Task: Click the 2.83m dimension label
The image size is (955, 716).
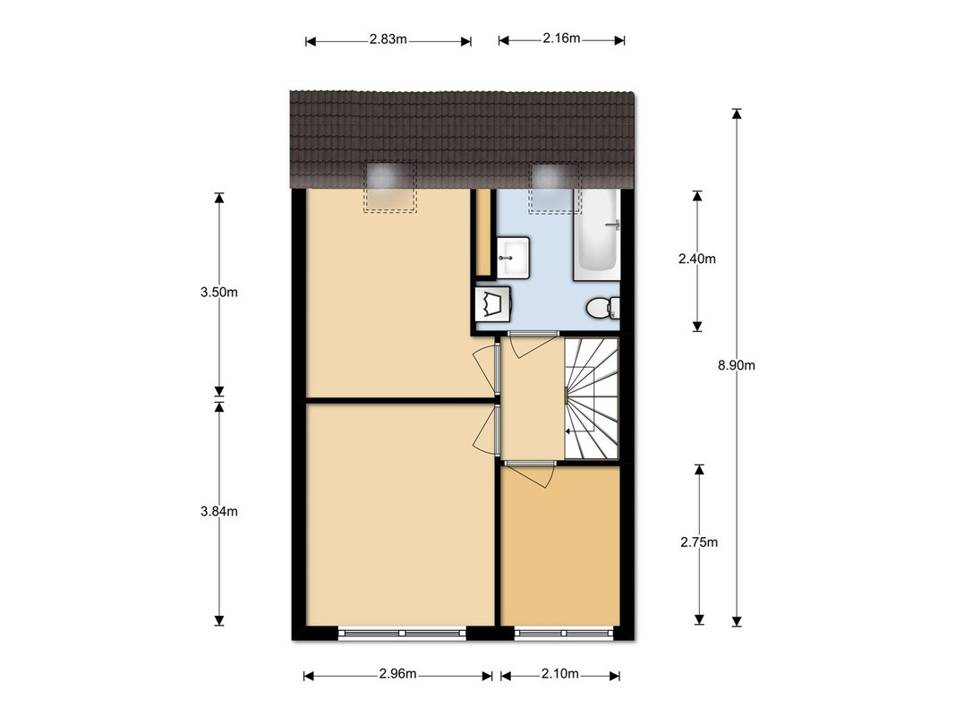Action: click(388, 39)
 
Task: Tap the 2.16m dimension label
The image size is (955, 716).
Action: click(561, 38)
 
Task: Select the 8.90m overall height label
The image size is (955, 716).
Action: click(737, 365)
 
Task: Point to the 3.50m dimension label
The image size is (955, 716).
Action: click(218, 293)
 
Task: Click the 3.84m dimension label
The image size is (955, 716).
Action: click(218, 511)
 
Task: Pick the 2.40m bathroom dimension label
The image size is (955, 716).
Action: click(696, 259)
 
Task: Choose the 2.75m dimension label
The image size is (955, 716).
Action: click(699, 541)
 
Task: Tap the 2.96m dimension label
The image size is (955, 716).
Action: click(397, 673)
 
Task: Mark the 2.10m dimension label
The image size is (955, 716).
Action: click(559, 673)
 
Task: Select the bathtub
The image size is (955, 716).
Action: click(596, 235)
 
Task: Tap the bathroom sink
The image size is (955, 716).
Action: click(513, 257)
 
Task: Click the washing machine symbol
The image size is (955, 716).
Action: click(493, 303)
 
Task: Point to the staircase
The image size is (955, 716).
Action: click(591, 398)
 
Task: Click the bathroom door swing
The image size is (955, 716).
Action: click(533, 345)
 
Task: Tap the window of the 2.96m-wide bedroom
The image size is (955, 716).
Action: click(402, 633)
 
